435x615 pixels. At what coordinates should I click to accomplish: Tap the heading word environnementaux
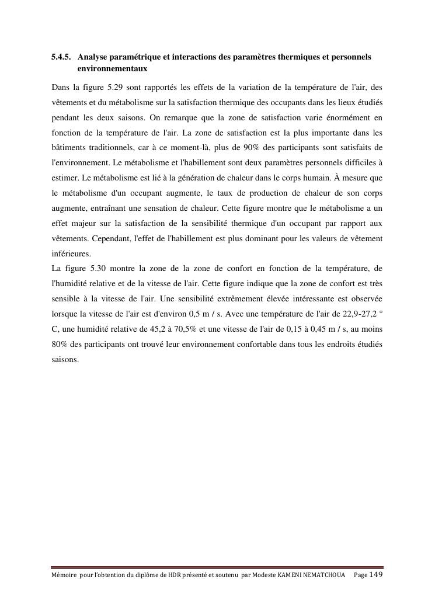point(112,69)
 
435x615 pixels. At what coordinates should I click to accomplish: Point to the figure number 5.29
point(119,88)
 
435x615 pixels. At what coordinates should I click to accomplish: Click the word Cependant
point(112,238)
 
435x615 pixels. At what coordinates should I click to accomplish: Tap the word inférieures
point(71,253)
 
